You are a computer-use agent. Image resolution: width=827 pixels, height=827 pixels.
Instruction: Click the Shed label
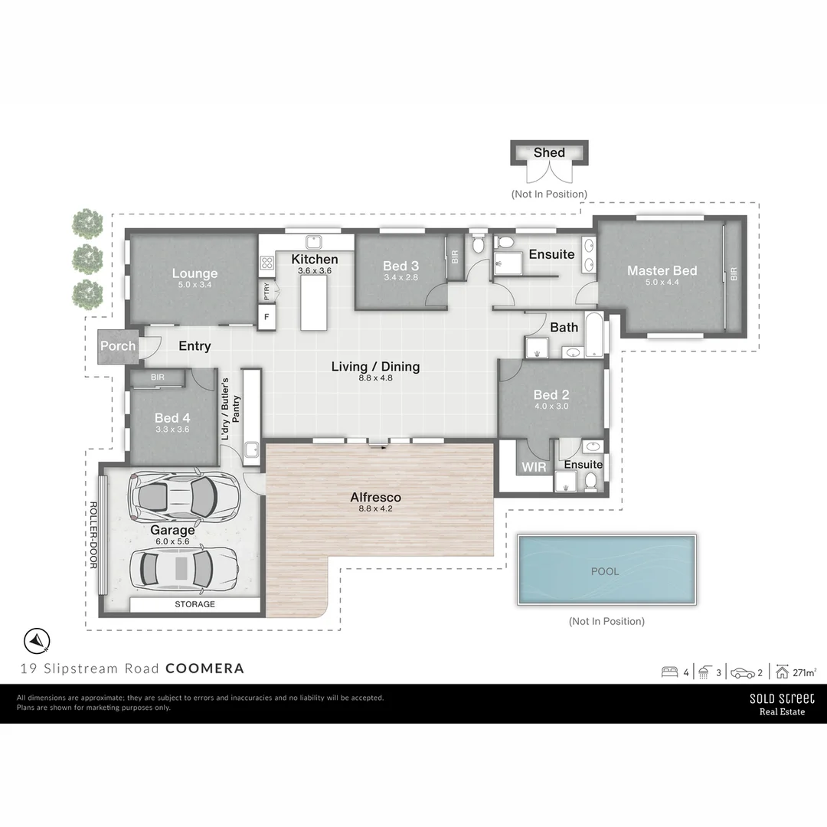[x=549, y=152]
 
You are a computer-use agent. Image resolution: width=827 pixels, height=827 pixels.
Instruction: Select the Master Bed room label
[x=662, y=270]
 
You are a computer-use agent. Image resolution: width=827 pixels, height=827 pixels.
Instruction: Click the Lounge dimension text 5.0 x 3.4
[x=194, y=285]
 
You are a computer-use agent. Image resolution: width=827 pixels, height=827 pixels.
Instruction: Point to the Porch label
[x=118, y=346]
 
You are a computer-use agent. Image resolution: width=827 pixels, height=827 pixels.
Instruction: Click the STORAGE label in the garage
[x=194, y=604]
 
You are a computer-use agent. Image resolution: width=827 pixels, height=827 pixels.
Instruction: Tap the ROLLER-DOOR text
[x=93, y=534]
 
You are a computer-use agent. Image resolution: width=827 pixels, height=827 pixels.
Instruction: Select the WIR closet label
[x=534, y=466]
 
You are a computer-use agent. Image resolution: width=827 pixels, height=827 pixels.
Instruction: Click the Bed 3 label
[x=400, y=266]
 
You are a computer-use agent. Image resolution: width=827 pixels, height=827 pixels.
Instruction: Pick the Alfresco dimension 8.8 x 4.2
[x=375, y=508]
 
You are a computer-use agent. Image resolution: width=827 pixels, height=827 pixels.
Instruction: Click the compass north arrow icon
[x=36, y=640]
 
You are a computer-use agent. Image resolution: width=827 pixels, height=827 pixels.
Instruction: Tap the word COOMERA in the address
[x=205, y=668]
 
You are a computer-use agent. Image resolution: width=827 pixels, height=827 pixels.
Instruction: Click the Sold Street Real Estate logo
[x=782, y=704]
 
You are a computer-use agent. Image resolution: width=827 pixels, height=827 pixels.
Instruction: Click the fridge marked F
[x=266, y=316]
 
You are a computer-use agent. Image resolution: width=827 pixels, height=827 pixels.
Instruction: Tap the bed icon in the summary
[x=669, y=673]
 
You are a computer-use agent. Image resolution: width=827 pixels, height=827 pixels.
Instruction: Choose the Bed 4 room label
[x=172, y=417]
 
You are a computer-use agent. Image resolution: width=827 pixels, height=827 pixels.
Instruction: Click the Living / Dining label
[x=375, y=367]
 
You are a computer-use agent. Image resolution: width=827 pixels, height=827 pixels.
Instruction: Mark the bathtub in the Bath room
[x=593, y=335]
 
